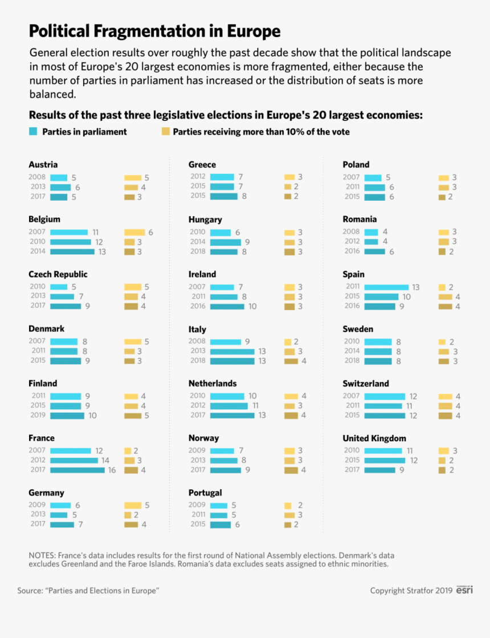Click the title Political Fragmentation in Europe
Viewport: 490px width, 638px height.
tap(154, 30)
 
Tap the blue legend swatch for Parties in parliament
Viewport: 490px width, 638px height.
tap(33, 132)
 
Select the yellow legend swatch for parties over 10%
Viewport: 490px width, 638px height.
tap(166, 132)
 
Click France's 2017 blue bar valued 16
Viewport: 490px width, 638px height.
tap(77, 470)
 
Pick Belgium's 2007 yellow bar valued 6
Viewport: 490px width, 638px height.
tap(135, 232)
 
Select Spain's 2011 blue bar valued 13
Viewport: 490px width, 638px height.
tap(386, 287)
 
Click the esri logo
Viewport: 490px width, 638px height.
tap(464, 590)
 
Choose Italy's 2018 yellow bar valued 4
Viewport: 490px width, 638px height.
tap(291, 361)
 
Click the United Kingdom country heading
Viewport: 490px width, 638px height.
tap(374, 438)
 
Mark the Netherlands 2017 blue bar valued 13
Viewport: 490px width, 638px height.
tap(232, 416)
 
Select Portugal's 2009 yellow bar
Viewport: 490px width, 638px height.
tap(288, 505)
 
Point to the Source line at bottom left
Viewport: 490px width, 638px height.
tap(88, 591)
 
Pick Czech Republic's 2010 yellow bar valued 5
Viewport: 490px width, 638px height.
tap(133, 287)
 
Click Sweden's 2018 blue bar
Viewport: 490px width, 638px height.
tap(378, 361)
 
